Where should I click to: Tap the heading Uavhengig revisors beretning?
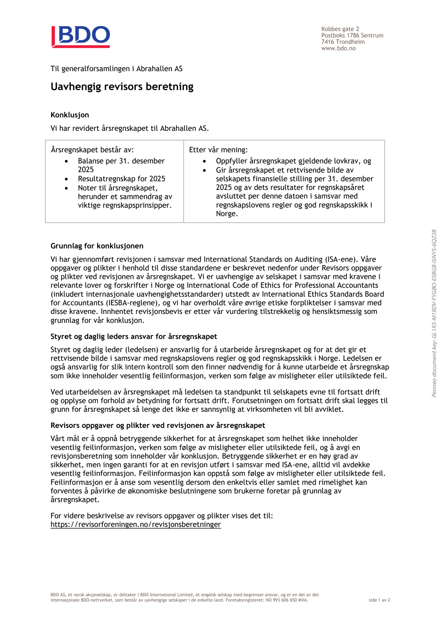click(122, 87)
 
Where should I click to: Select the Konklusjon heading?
click(70, 115)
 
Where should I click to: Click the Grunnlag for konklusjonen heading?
click(97, 246)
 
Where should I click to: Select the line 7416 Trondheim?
click(343, 42)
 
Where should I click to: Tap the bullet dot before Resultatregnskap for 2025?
click(66, 179)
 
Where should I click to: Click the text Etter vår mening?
click(218, 150)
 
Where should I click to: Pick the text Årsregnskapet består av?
click(92, 150)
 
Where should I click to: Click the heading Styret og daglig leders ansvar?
click(134, 336)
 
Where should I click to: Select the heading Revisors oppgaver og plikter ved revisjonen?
click(158, 425)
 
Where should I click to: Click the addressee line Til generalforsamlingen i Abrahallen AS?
click(116, 69)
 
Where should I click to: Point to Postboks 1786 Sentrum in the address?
click(352, 35)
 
